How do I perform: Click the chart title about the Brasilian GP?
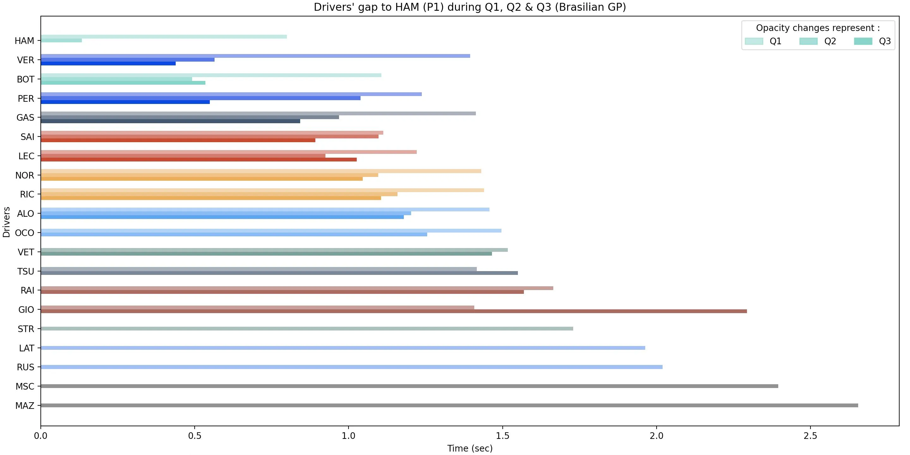coord(470,7)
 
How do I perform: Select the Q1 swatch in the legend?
coord(754,41)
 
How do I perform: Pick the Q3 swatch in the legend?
coord(863,41)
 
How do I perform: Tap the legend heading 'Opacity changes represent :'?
coord(818,28)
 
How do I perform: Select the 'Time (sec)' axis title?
coord(470,448)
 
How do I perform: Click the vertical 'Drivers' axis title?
coord(6,222)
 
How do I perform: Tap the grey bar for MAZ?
coord(449,405)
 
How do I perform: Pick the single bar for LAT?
coord(343,348)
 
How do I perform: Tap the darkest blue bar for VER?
coord(108,64)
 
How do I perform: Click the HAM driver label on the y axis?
coord(24,41)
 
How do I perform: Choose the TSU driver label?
coord(26,271)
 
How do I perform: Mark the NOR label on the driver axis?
coord(25,175)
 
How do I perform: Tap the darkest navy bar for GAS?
coord(170,121)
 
